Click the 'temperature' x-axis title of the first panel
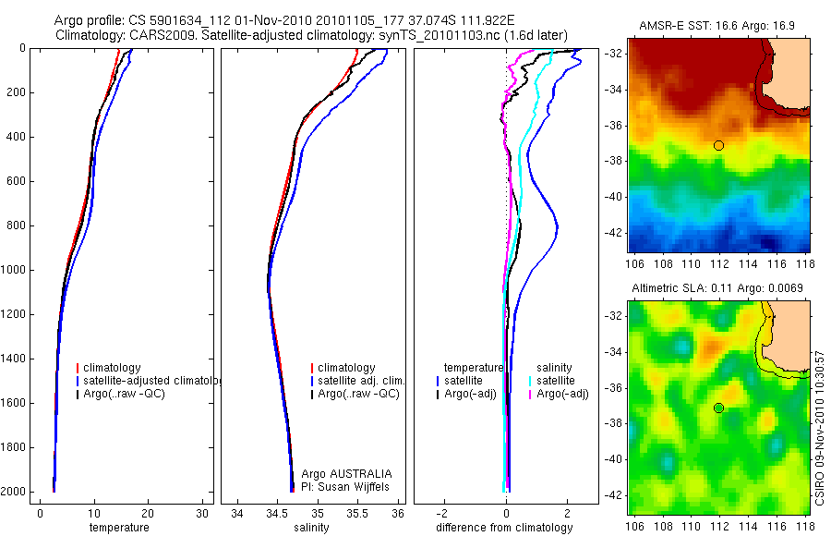click(119, 528)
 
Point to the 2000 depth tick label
click(14, 492)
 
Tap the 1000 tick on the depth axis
click(14, 270)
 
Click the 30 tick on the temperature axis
click(201, 514)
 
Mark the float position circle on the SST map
click(718, 145)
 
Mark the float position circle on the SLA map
click(718, 408)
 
